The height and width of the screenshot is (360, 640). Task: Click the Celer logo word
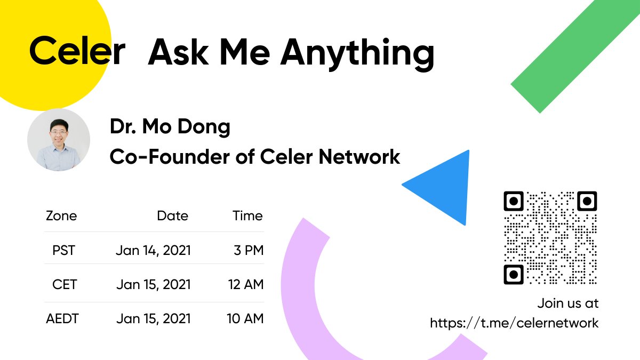(x=77, y=52)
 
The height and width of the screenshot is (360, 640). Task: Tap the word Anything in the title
(x=357, y=53)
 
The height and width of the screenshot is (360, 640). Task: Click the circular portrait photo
(x=59, y=140)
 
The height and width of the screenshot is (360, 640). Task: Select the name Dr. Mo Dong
(x=170, y=127)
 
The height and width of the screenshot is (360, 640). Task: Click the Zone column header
(x=61, y=216)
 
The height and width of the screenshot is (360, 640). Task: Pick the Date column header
(x=172, y=216)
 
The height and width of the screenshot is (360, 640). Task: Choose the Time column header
(x=247, y=216)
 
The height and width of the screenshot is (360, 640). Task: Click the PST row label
(x=64, y=250)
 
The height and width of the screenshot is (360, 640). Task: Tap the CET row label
(x=65, y=284)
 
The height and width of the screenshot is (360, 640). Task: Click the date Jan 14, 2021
(x=153, y=250)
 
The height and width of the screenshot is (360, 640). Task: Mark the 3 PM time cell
(x=249, y=250)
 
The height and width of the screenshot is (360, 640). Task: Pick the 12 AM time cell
(x=246, y=284)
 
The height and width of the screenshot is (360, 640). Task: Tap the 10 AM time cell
(x=245, y=319)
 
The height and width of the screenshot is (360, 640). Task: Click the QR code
(x=550, y=238)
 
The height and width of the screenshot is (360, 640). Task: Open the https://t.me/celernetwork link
(x=514, y=323)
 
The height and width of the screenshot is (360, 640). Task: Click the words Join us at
(x=567, y=303)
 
